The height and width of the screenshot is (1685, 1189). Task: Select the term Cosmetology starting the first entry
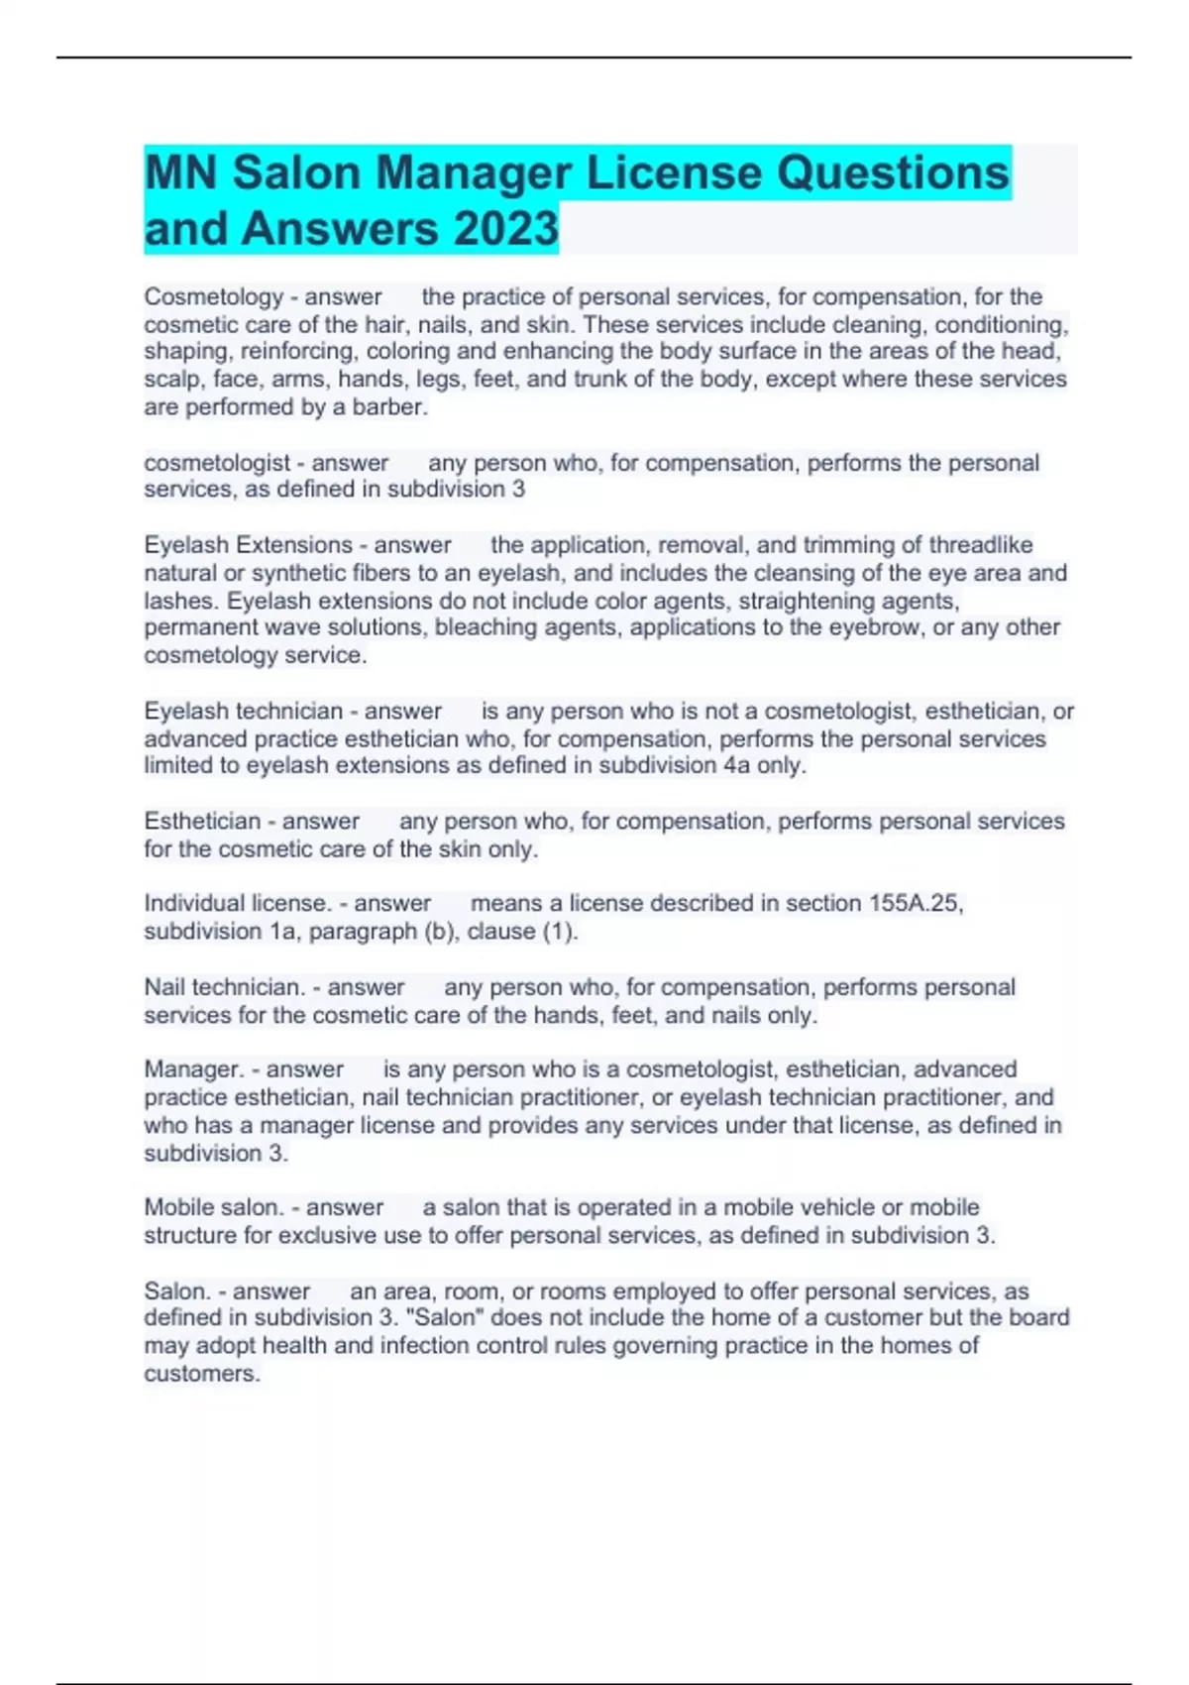pyautogui.click(x=213, y=296)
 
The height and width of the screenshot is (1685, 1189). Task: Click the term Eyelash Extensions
pyautogui.click(x=248, y=545)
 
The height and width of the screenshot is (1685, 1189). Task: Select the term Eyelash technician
pyautogui.click(x=243, y=711)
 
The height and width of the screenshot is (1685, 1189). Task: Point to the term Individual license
pyautogui.click(x=237, y=903)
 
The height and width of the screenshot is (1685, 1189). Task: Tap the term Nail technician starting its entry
pyautogui.click(x=224, y=987)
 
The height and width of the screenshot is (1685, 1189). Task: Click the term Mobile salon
pyautogui.click(x=214, y=1207)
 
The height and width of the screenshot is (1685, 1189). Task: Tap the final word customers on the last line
pyautogui.click(x=201, y=1374)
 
